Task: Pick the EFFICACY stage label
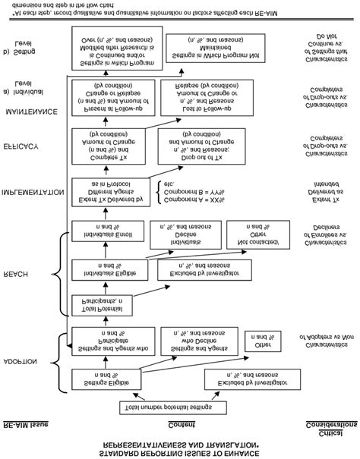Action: point(27,144)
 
